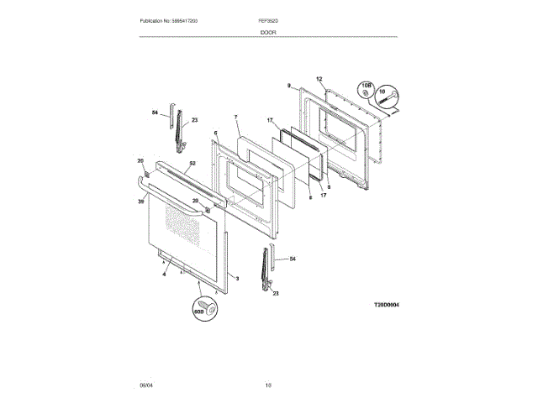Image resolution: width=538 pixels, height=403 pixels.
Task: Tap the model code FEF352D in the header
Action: pos(268,19)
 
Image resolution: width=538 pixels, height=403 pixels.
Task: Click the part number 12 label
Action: pos(319,80)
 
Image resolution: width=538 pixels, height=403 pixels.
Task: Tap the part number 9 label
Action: pos(288,86)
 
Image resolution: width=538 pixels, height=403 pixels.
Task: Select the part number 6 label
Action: pos(215,133)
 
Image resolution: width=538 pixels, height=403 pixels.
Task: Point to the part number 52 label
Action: pos(192,164)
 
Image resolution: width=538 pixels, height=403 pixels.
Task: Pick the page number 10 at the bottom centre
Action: pos(268,385)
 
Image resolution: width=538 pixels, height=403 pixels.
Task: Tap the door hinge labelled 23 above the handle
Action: pos(178,129)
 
